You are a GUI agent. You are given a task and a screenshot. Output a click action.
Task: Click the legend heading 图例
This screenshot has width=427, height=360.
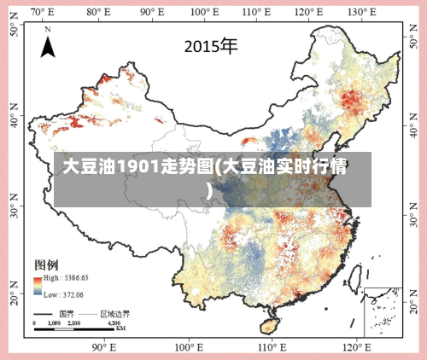[46, 264]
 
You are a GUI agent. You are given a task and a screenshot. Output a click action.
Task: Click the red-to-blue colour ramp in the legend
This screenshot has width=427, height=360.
[38, 286]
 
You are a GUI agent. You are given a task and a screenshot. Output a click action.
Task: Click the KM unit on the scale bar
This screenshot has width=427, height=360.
[120, 328]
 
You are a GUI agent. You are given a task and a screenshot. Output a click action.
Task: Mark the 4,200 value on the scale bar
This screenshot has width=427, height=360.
[114, 323]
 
